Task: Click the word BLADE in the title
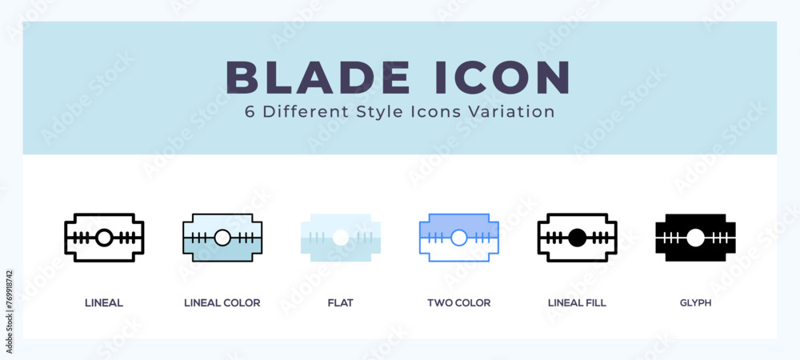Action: coord(318,78)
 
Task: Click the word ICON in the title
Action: coord(502,78)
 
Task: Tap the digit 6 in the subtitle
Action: coord(250,112)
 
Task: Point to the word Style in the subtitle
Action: coord(375,113)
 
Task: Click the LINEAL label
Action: coord(103,303)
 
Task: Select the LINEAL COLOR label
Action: coord(222,303)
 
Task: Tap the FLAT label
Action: coord(340,303)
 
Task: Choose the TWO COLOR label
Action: coord(458,303)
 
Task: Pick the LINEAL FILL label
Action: coord(577,303)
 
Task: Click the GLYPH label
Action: coord(695,303)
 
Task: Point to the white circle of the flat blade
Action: coord(340,238)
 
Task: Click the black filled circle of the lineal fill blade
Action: coord(577,238)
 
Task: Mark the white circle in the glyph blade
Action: coord(695,238)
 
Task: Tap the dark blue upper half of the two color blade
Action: coord(458,223)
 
